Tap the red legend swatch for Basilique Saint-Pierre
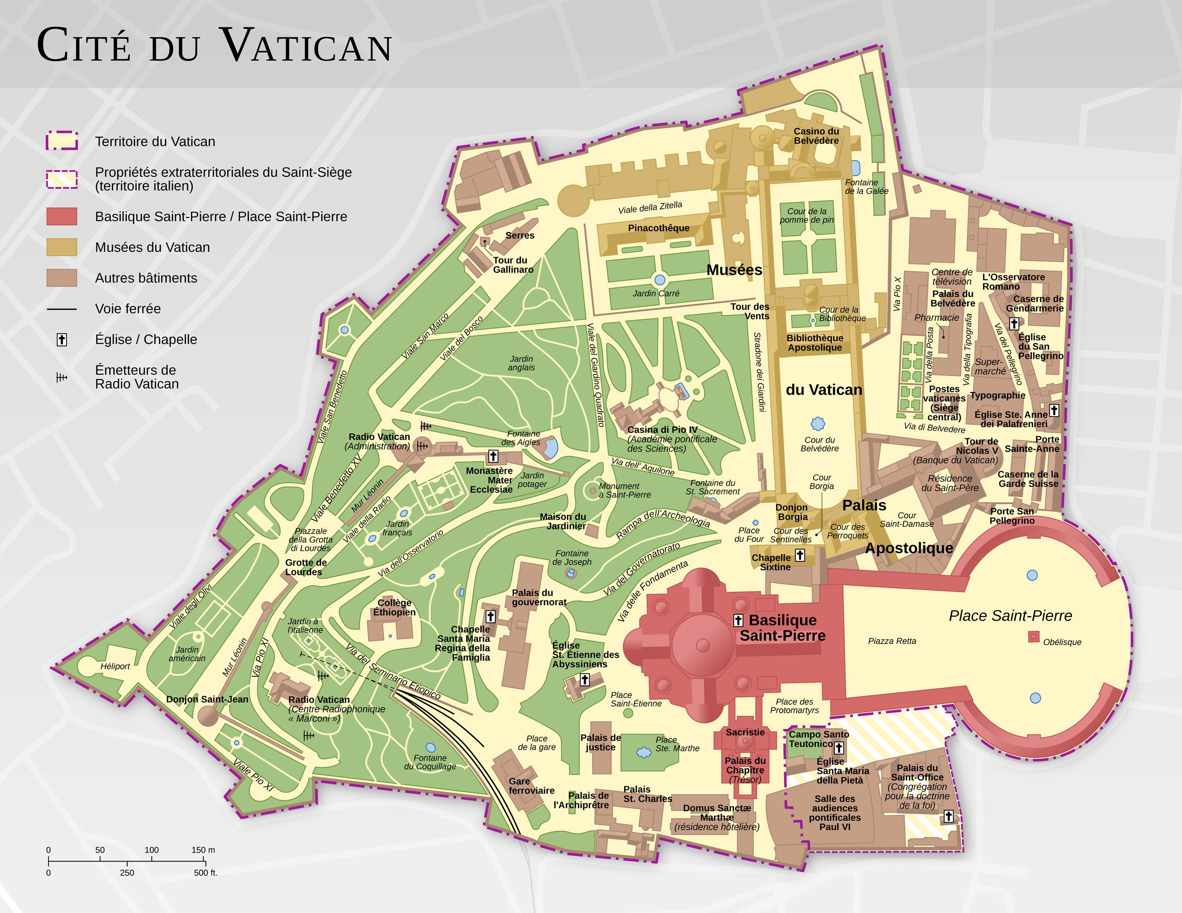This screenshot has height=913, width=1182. (62, 217)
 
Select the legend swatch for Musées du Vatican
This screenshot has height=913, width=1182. (62, 247)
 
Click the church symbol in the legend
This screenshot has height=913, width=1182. (62, 339)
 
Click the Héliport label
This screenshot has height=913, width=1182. (115, 666)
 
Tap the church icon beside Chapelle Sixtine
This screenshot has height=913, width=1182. (800, 555)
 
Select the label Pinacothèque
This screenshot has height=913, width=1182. (659, 228)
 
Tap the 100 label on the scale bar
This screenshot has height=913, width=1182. (151, 850)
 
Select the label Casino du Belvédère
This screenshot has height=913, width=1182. (816, 136)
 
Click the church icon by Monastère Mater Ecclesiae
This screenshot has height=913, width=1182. (493, 456)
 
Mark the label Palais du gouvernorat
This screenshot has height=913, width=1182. (539, 597)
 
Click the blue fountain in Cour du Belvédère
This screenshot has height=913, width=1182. (818, 423)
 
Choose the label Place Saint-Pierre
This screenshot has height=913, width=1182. (1010, 616)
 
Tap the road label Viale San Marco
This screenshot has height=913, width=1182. (425, 336)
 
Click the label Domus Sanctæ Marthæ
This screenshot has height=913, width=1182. (717, 813)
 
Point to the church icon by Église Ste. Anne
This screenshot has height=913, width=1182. (1054, 410)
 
